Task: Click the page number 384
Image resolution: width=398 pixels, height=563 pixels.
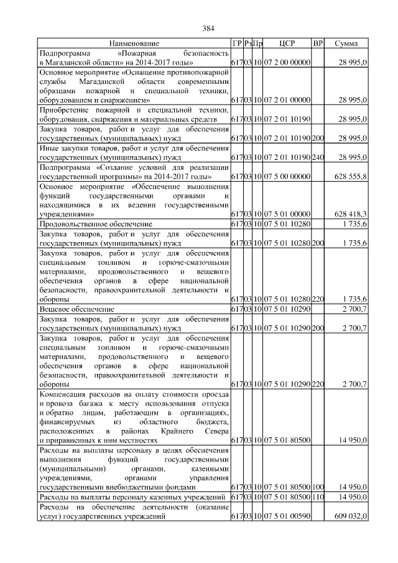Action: tap(208, 28)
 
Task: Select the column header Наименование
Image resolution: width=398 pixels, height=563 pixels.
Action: tap(134, 44)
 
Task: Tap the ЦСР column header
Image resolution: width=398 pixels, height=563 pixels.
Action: tap(287, 44)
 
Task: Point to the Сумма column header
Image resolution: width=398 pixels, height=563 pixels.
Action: tap(346, 44)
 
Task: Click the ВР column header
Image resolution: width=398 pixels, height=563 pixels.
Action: tap(318, 44)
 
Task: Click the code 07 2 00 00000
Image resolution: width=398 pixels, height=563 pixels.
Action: tap(287, 63)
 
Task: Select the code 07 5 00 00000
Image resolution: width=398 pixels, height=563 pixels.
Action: tap(287, 177)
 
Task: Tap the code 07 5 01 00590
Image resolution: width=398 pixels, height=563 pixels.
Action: tap(287, 516)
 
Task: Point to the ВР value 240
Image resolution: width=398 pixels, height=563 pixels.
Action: tap(318, 159)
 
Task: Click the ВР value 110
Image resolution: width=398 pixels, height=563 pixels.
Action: tap(318, 498)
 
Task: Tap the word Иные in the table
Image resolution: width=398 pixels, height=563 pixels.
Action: tap(49, 150)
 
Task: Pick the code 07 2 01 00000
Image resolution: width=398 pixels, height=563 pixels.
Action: tap(287, 100)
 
